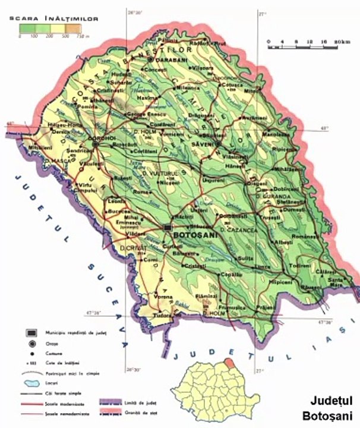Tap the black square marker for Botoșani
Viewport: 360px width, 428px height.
click(x=167, y=227)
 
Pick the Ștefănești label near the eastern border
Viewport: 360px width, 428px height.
click(x=276, y=201)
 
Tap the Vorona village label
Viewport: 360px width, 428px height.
click(x=163, y=297)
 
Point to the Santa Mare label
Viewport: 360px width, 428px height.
click(x=337, y=281)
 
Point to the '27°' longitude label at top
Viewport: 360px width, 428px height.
click(x=258, y=11)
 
